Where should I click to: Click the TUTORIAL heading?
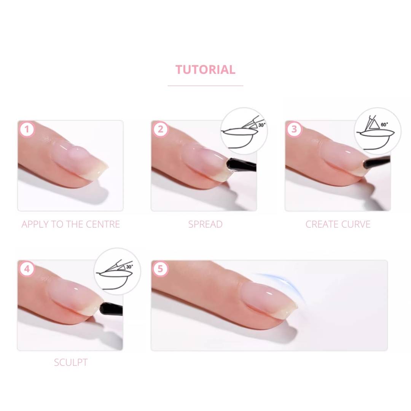coord(205,70)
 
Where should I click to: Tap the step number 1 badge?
coord(27,129)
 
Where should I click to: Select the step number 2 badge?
coord(161,129)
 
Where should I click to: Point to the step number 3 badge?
coord(294,129)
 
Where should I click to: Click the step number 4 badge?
coord(27,269)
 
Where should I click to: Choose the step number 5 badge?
coord(160,269)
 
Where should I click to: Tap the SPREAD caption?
coord(205,225)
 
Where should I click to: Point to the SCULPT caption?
coord(71,363)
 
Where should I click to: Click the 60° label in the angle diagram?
coord(384,124)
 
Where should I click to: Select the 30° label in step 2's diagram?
coord(262,125)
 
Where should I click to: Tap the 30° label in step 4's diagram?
coord(129,266)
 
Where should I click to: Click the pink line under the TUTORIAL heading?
coord(205,86)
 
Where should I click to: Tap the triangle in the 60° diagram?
coord(374,124)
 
